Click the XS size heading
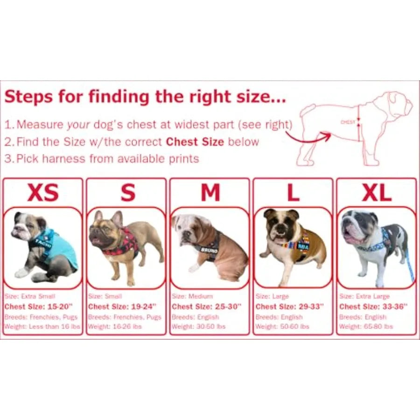tap(43, 192)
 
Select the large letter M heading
tap(210, 192)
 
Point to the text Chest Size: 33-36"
tap(373, 307)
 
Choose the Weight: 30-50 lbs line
tap(198, 326)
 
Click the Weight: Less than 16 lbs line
tap(42, 326)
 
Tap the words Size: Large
tap(272, 296)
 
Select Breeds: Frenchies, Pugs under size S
tap(125, 316)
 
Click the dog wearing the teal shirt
tap(44, 247)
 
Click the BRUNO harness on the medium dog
tap(209, 249)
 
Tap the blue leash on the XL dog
tap(409, 266)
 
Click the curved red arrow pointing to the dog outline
tap(308, 134)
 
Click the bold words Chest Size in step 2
tap(195, 141)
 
